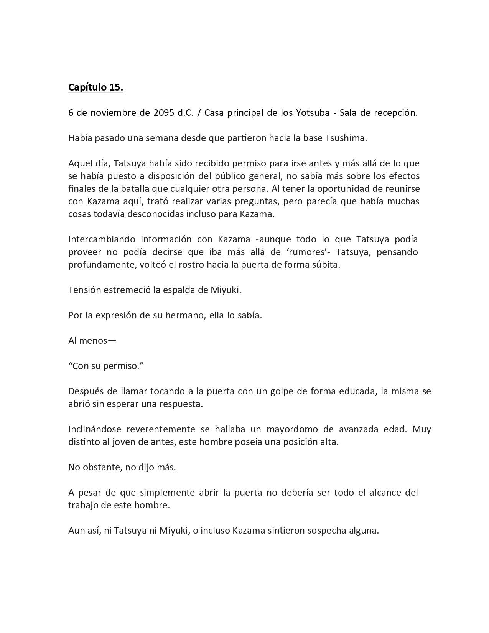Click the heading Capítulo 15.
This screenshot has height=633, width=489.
click(95, 87)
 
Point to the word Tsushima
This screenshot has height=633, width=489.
click(346, 138)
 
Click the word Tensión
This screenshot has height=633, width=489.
click(83, 290)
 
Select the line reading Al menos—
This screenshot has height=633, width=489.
click(92, 341)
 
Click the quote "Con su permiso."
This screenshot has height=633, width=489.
click(106, 366)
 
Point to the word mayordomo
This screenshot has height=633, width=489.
click(299, 429)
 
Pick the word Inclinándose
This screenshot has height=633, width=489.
click(95, 429)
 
